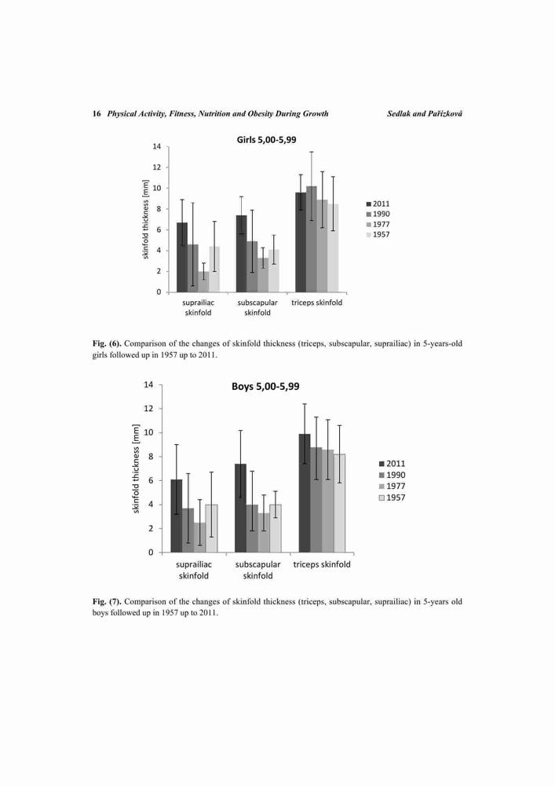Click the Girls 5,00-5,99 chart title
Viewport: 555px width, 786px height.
266,140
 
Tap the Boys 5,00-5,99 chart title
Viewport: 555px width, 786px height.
265,387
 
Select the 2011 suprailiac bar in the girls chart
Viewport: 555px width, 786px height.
182,257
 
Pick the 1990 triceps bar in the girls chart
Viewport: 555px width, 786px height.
312,239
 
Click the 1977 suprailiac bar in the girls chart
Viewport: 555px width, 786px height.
203,281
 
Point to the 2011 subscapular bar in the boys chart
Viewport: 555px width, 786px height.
240,508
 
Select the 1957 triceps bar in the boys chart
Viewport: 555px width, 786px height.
339,503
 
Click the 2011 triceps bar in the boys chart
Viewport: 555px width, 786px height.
305,494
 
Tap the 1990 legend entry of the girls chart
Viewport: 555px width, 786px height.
378,214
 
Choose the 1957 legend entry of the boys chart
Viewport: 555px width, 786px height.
392,498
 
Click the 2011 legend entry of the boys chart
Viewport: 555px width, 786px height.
392,464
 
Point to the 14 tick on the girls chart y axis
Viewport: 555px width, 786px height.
157,146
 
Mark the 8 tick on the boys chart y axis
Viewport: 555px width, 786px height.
149,457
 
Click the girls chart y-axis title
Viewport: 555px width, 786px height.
146,219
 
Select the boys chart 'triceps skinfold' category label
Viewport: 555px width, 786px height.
322,564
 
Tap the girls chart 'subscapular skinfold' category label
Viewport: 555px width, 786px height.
257,308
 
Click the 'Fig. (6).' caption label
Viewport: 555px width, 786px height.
107,344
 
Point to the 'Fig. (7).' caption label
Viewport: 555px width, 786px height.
107,601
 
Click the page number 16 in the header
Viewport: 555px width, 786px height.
97,114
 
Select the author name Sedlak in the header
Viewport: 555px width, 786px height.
399,114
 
